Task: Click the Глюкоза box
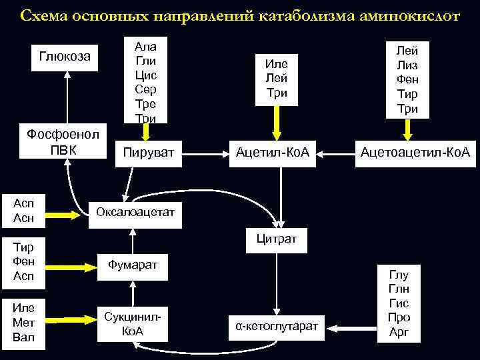pyautogui.click(x=65, y=56)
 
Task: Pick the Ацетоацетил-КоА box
pyautogui.click(x=415, y=153)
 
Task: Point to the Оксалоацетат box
pyautogui.click(x=135, y=212)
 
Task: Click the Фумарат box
pyautogui.click(x=135, y=265)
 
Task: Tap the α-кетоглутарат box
pyautogui.click(x=277, y=326)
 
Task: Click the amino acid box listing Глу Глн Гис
pyautogui.click(x=399, y=303)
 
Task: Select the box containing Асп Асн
pyautogui.click(x=23, y=209)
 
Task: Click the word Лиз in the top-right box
pyautogui.click(x=407, y=65)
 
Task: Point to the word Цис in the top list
pyautogui.click(x=145, y=75)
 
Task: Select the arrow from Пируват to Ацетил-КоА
pyautogui.click(x=206, y=154)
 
